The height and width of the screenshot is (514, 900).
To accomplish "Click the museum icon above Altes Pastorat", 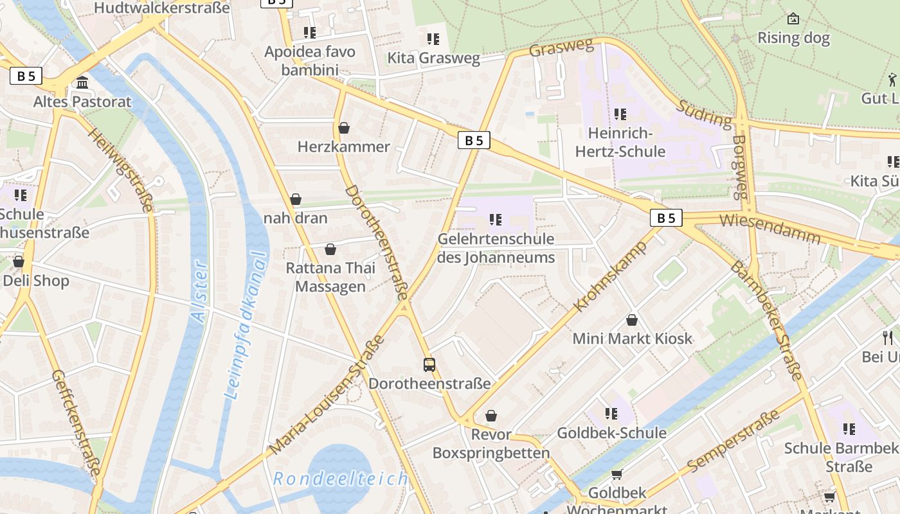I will [82, 83].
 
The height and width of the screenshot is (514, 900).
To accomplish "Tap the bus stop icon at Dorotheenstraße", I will [429, 365].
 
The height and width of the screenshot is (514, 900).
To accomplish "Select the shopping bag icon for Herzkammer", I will [344, 128].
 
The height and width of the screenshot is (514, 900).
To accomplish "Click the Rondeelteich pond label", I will [340, 479].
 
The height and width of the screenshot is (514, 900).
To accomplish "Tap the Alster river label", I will [199, 291].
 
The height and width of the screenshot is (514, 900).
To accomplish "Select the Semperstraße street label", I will [733, 440].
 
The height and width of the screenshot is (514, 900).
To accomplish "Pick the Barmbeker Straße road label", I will [768, 321].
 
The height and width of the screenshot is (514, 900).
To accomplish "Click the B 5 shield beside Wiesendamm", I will [666, 218].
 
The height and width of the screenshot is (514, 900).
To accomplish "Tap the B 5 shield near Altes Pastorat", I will [26, 76].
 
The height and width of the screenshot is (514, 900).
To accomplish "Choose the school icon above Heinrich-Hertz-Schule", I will [620, 114].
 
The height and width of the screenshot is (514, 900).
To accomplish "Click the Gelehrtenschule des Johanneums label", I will [496, 248].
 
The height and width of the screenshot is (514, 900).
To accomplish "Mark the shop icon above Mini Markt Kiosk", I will [632, 320].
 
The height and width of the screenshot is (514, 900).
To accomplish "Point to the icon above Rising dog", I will [793, 19].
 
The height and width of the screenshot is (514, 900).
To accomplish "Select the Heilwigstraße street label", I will [120, 170].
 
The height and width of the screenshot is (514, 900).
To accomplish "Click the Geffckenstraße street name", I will [76, 423].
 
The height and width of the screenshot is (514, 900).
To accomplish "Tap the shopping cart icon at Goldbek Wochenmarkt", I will [616, 474].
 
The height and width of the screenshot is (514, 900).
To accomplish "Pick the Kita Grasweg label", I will [433, 58].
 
